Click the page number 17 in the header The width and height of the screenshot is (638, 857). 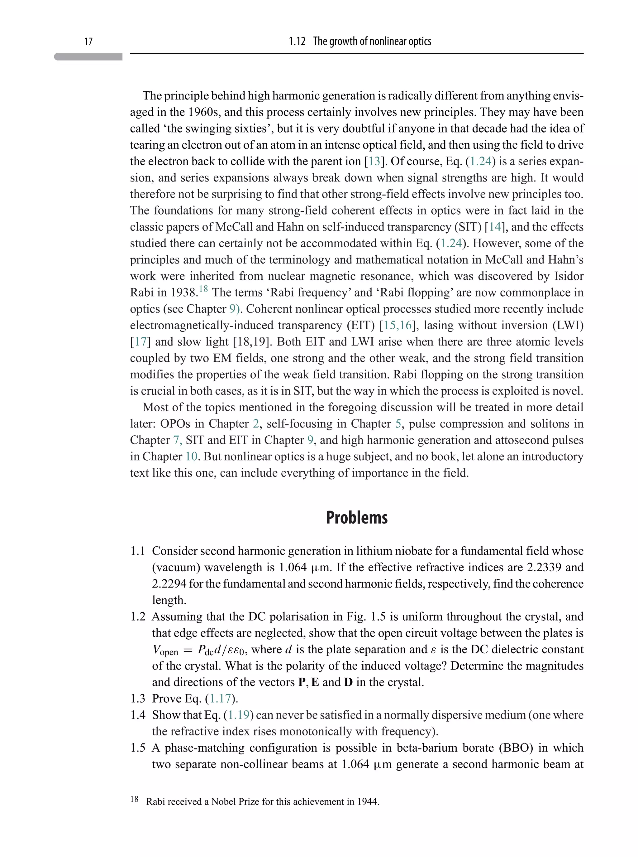click(88, 41)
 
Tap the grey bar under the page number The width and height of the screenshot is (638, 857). click(88, 57)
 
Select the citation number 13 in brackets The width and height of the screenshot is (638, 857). click(374, 161)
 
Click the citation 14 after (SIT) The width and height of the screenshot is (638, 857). click(494, 227)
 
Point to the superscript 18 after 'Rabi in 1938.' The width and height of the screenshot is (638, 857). click(203, 289)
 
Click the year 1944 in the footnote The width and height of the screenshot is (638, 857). click(367, 801)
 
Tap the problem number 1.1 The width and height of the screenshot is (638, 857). click(137, 551)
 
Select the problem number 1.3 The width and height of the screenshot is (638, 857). click(137, 699)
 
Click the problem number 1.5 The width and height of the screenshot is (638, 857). click(137, 748)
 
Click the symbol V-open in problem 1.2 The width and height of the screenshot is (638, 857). click(165, 650)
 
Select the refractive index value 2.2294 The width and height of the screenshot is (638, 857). click(169, 584)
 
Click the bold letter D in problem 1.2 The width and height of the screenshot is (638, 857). click(348, 682)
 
